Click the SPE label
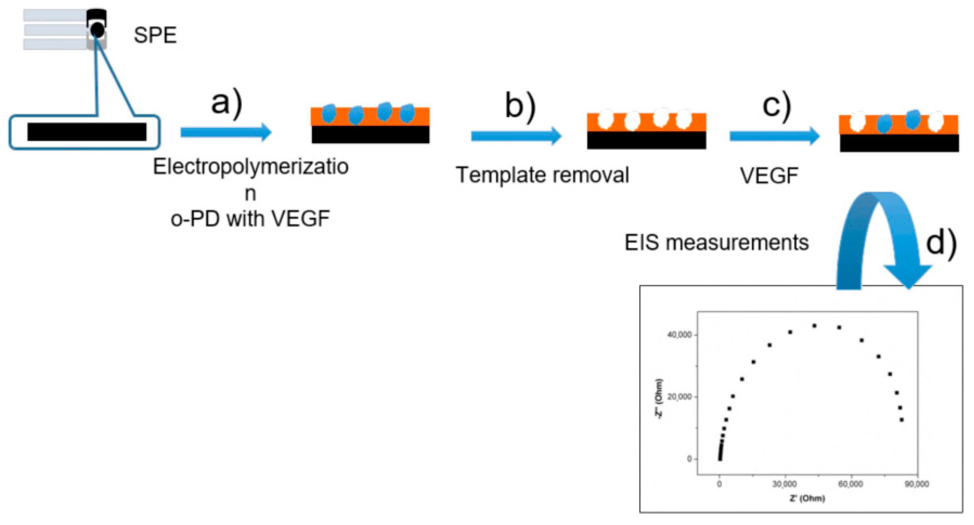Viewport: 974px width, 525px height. (x=155, y=35)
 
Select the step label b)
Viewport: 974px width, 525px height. (x=520, y=106)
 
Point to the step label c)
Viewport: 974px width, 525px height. (x=777, y=106)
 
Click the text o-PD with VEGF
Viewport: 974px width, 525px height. (x=250, y=219)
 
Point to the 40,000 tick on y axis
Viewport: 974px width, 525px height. (x=679, y=335)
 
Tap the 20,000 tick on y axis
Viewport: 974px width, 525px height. (x=679, y=397)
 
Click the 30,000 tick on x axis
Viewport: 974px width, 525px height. (x=784, y=484)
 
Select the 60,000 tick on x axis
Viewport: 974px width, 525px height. (x=850, y=484)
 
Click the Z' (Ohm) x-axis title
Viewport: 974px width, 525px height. (x=807, y=498)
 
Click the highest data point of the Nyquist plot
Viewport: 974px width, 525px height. (x=814, y=326)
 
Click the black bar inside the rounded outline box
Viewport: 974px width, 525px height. (x=87, y=132)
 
